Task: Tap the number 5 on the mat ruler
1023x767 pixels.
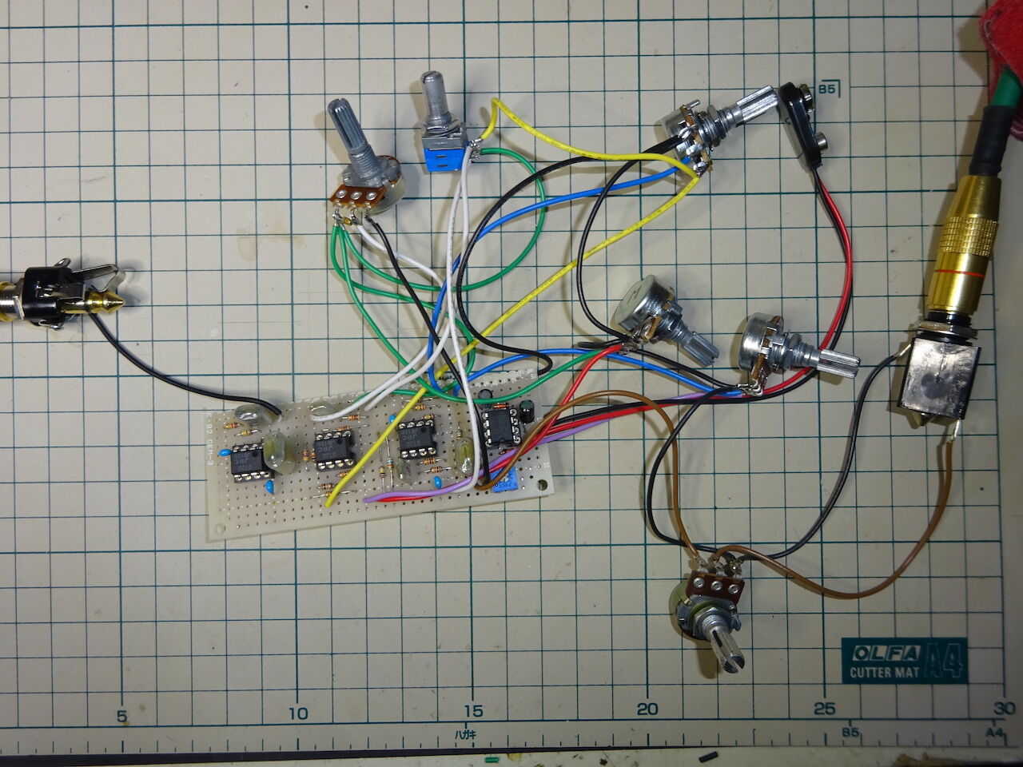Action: [x=122, y=716]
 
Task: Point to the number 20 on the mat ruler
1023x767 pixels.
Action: [x=648, y=709]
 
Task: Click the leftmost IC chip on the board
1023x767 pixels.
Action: [x=246, y=461]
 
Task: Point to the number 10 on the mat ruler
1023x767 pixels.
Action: [x=298, y=712]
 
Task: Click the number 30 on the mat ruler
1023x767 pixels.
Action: [x=1003, y=708]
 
